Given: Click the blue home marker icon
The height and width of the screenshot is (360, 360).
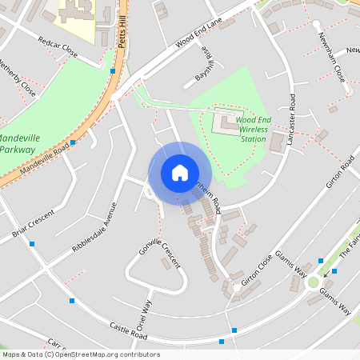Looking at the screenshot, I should (179, 173).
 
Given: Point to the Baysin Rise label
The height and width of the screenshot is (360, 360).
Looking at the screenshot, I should (204, 66).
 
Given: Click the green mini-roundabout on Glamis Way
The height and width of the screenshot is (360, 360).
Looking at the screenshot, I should (313, 282).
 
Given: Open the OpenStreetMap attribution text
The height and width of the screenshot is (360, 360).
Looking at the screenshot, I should (80, 354).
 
